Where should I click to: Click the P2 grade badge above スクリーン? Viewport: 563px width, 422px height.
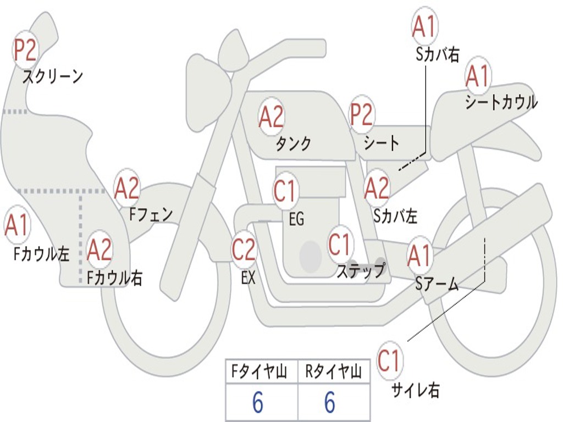25,50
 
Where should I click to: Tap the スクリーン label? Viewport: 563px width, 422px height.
52,76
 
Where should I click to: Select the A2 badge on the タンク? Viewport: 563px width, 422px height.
272,116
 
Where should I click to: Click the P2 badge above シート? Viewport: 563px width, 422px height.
362,114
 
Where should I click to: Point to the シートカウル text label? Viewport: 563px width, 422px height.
501,102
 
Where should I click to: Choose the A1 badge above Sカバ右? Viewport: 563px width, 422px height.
425,26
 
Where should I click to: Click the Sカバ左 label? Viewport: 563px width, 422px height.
395,216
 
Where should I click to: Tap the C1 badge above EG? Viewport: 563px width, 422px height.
285,191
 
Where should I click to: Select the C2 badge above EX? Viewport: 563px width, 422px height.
244,249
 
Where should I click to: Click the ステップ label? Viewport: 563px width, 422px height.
361,270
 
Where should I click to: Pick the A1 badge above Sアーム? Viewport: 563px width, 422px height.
420,256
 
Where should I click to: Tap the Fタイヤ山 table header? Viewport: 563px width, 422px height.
260,371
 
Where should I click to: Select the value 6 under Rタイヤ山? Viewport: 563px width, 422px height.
330,402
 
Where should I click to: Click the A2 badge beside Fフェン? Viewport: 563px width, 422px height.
127,188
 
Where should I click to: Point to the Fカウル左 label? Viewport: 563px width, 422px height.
41,254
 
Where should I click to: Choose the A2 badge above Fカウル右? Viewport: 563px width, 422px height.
100,250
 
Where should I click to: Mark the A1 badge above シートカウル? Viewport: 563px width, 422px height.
478,76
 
